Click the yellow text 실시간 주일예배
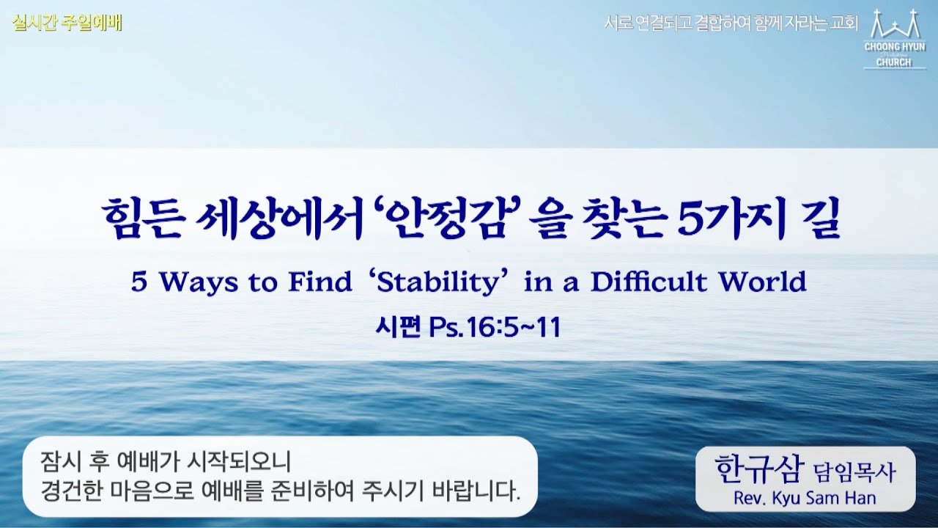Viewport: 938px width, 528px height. pyautogui.click(x=67, y=23)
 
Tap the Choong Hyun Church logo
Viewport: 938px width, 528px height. pyautogui.click(x=893, y=40)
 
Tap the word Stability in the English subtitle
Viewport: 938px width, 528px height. pyautogui.click(x=449, y=282)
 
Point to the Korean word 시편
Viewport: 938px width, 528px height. pyautogui.click(x=397, y=328)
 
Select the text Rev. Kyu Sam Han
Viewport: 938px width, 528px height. pyautogui.click(x=804, y=498)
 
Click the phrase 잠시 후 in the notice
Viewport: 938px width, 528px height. pyautogui.click(x=73, y=462)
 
